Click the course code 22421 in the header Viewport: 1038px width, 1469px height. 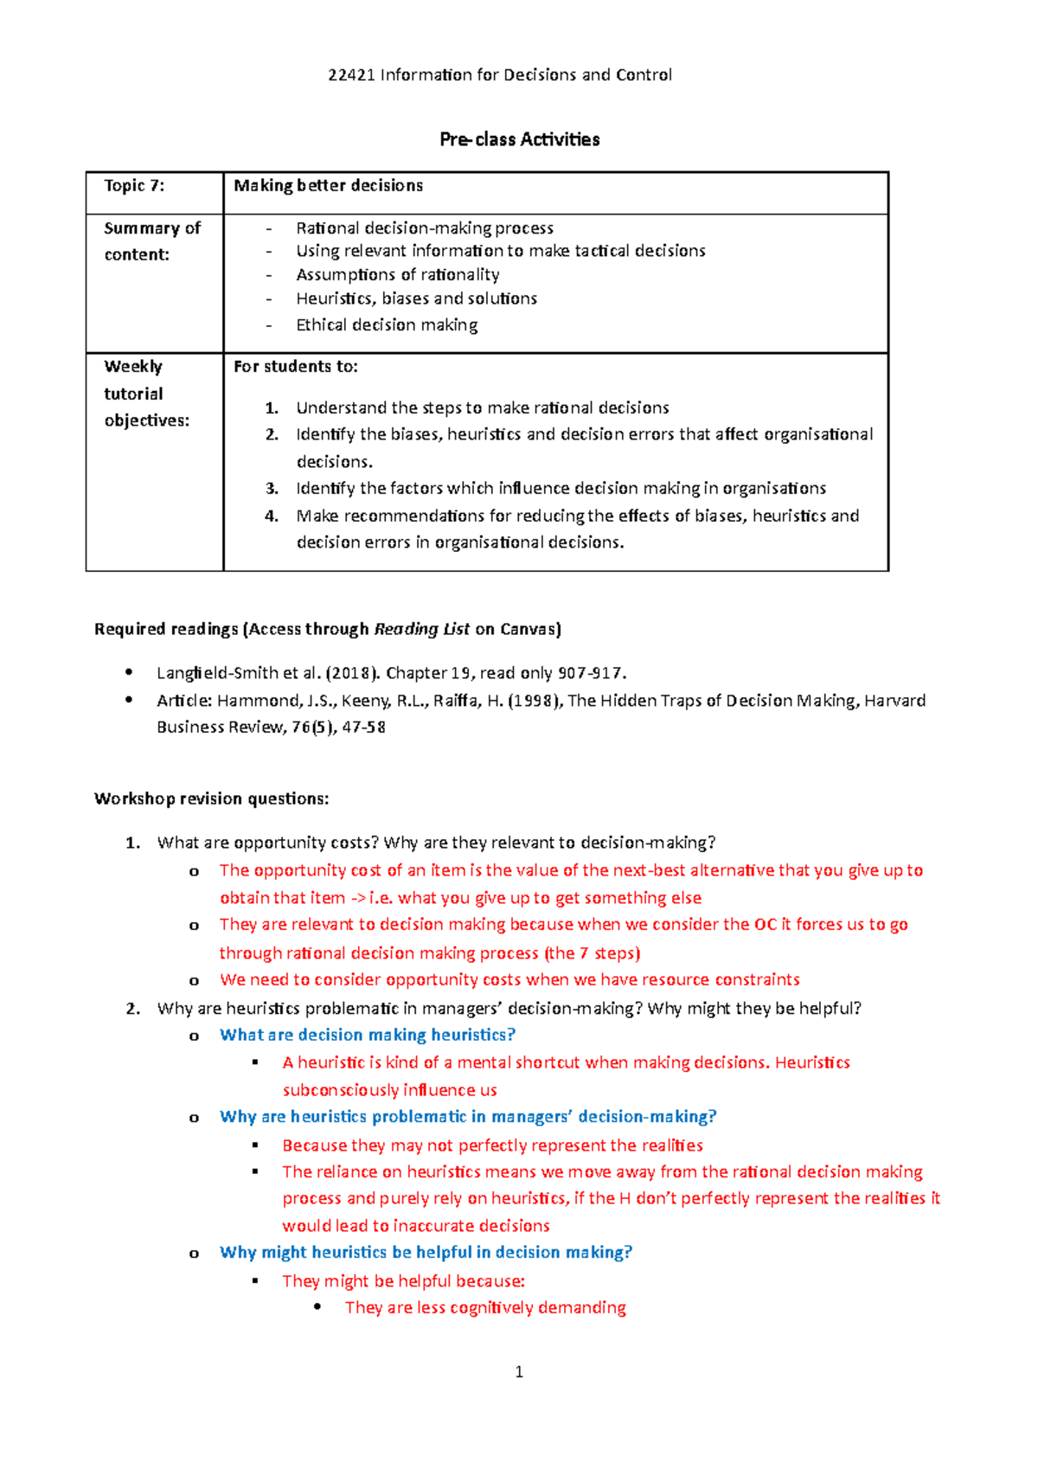(x=351, y=74)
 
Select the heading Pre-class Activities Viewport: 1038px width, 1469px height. (x=519, y=139)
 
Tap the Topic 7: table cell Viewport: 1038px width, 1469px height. (x=134, y=185)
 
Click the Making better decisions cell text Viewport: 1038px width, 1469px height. (x=328, y=185)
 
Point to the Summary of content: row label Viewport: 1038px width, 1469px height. (x=151, y=241)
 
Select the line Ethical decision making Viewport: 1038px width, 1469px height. (x=387, y=324)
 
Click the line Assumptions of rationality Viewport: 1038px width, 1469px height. (x=397, y=274)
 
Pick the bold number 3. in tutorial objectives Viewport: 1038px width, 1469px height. (x=272, y=488)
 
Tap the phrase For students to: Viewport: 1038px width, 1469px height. (x=295, y=366)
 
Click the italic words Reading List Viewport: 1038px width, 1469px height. (x=421, y=629)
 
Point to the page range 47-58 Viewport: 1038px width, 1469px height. (x=363, y=727)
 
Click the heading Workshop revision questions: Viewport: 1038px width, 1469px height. (x=211, y=799)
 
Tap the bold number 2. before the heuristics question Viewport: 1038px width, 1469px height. (x=132, y=1008)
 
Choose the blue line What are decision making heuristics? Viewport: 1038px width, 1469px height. (x=368, y=1035)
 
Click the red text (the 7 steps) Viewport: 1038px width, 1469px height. (x=593, y=953)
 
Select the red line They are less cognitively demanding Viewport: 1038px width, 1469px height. (x=485, y=1307)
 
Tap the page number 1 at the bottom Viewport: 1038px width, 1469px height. (x=519, y=1371)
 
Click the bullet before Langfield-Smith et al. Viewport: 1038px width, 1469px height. (x=129, y=672)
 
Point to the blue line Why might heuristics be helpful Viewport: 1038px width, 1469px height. (x=426, y=1252)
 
